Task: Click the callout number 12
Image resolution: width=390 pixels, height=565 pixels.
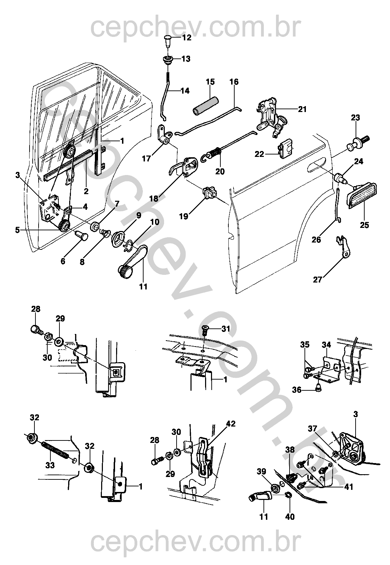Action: click(187, 38)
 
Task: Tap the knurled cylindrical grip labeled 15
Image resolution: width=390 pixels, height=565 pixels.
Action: click(205, 104)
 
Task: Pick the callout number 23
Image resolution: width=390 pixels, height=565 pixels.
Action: click(355, 117)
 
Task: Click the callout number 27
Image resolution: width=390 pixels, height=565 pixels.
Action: click(318, 280)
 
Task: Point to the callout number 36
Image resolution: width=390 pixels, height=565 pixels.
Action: click(297, 390)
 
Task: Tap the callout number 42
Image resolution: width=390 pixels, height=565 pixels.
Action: click(231, 423)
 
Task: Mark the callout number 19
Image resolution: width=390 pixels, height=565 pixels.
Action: click(184, 216)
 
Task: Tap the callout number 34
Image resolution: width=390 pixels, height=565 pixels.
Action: click(326, 345)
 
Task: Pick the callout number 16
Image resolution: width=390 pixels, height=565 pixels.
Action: click(234, 82)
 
